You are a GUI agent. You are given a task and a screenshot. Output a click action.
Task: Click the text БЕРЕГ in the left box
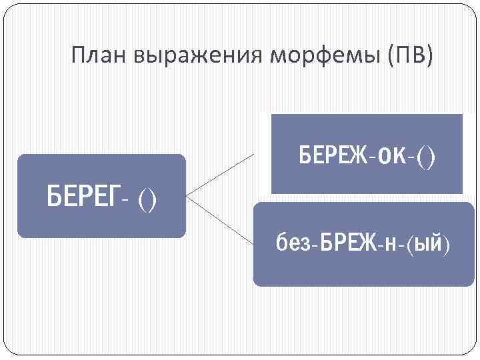click(x=84, y=197)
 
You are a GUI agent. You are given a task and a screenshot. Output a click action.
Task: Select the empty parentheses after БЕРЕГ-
click(x=147, y=199)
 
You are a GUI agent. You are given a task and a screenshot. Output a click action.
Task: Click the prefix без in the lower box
click(x=290, y=244)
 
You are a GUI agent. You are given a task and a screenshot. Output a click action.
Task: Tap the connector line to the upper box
click(x=220, y=175)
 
